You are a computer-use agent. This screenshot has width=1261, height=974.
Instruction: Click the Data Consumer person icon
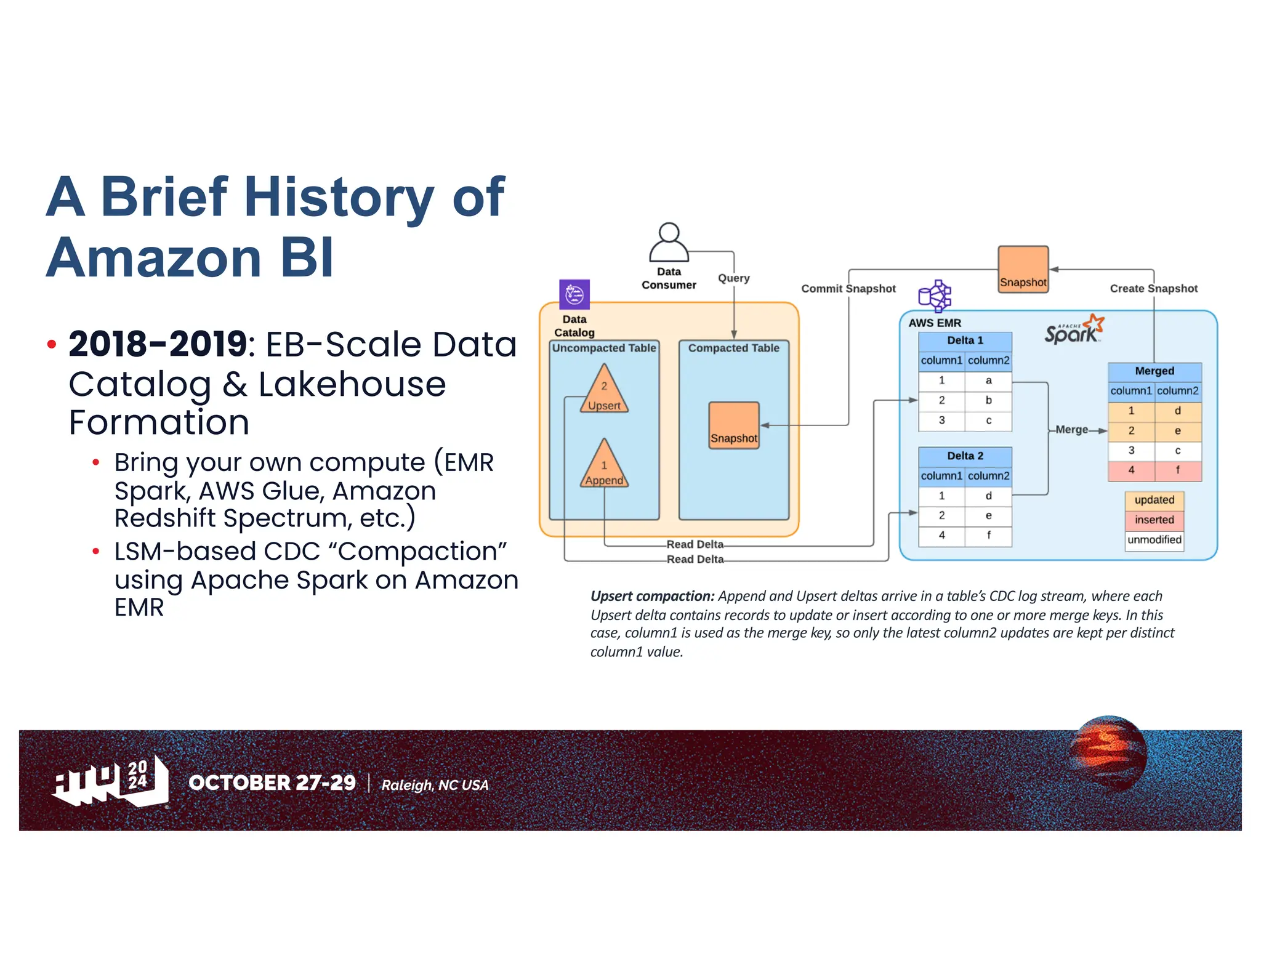pos(669,243)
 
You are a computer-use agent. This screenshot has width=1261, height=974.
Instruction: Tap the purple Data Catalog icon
pos(574,294)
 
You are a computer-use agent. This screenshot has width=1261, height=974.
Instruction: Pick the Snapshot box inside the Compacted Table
pos(733,425)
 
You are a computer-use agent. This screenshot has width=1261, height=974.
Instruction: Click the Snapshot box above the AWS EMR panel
pos(1023,270)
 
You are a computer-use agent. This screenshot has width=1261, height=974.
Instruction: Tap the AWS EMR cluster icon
pos(934,296)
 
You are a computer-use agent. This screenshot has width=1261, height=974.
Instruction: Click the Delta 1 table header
pos(965,340)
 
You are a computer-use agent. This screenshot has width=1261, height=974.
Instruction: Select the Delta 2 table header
pos(965,456)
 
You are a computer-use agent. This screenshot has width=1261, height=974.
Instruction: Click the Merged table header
pos(1154,371)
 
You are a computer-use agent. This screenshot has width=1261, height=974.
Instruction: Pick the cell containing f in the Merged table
pos(1177,470)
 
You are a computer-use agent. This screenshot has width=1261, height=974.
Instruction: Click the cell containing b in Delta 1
pos(988,400)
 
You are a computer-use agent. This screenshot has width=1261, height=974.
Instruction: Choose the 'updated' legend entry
pos(1154,500)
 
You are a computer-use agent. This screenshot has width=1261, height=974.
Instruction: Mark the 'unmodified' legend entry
pos(1154,540)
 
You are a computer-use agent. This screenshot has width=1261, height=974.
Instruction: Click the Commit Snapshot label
pos(848,289)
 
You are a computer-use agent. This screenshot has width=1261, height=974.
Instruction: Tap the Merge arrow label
pos(1071,430)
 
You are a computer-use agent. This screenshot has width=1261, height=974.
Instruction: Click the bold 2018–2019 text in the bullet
pos(158,344)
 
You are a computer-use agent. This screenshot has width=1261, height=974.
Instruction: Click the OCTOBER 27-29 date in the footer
pos(272,783)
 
